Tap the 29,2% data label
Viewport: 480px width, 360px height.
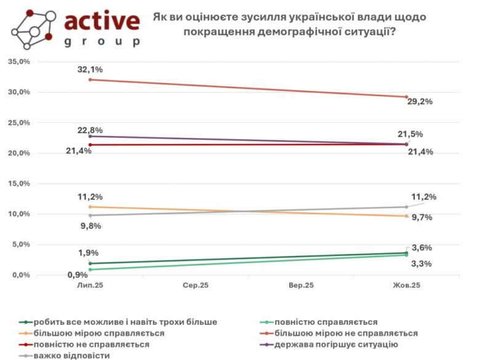tap(420, 102)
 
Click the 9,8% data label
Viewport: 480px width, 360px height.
tap(90, 226)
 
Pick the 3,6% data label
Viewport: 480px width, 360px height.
tap(422, 247)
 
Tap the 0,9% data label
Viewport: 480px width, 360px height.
tap(78, 274)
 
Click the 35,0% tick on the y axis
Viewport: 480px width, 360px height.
tap(19, 62)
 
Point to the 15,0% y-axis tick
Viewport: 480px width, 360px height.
tap(19, 183)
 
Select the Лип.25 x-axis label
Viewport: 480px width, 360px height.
tap(90, 286)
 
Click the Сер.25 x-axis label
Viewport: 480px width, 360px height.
tap(196, 286)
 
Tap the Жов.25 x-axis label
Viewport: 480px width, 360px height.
tap(407, 286)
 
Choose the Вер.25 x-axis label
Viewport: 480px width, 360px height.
tap(301, 286)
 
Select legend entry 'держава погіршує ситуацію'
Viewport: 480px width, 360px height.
tap(336, 344)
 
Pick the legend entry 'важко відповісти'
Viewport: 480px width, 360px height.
tap(72, 355)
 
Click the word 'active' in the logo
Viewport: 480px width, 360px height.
tap(101, 22)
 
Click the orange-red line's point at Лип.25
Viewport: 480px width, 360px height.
tap(90, 79)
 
